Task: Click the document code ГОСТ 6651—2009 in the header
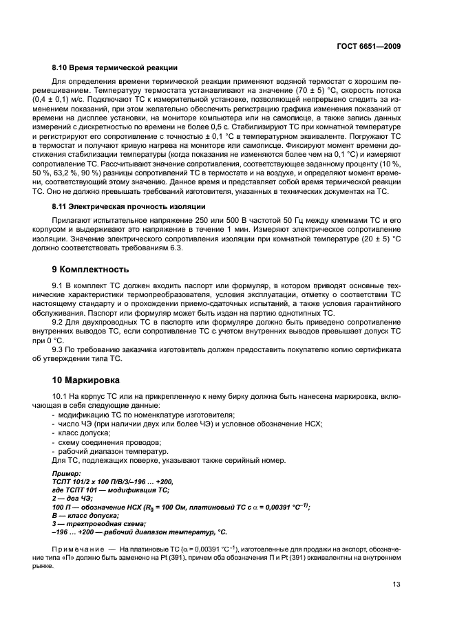pyautogui.click(x=369, y=46)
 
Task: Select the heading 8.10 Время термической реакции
pyautogui.click(x=115, y=67)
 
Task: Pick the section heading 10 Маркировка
pyautogui.click(x=87, y=379)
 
